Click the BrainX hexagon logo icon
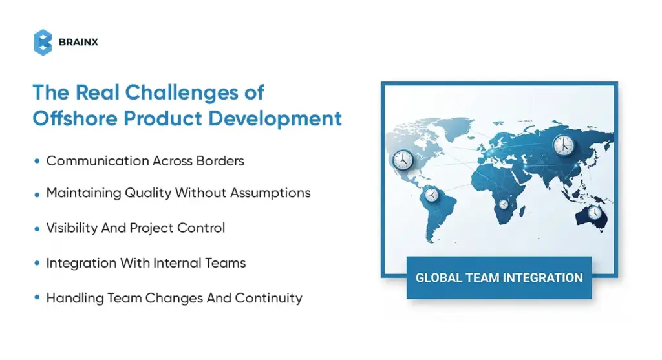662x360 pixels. point(43,42)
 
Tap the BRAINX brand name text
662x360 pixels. point(78,43)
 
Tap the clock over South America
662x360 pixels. point(430,194)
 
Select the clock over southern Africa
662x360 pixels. point(504,204)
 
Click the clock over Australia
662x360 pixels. point(594,212)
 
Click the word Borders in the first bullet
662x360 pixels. point(222,161)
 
